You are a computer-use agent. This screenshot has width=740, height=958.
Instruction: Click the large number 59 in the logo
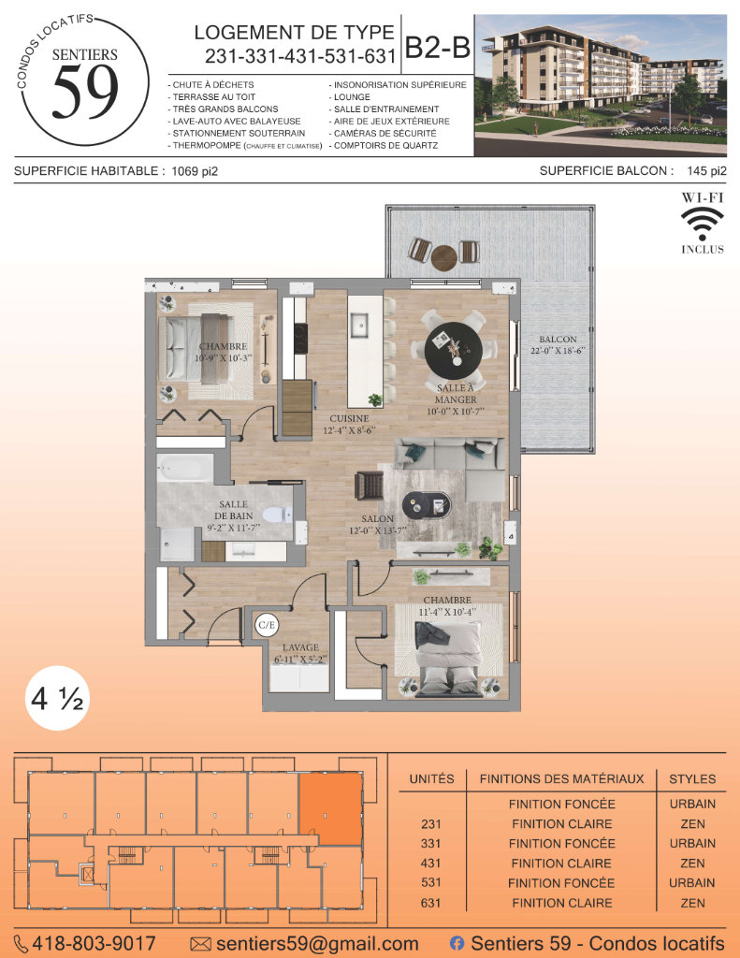point(85,92)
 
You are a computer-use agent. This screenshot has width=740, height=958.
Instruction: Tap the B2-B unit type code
point(438,47)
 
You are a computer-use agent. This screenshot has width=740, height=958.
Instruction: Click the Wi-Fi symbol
point(703,224)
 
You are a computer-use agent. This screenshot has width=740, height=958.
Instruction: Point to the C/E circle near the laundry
point(267,625)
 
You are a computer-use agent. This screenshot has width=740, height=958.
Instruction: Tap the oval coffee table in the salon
point(427,504)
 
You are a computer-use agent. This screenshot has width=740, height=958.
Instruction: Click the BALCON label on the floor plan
point(558,339)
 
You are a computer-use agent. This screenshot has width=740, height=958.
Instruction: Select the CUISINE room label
point(349,418)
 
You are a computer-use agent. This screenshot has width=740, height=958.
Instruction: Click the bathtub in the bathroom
point(184,468)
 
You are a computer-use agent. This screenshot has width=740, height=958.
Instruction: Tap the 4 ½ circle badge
point(57,698)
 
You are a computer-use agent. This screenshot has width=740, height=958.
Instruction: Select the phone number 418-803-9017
point(93,944)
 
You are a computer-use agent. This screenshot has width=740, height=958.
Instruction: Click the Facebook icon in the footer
point(457,944)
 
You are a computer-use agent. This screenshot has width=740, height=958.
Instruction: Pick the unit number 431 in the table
point(430,864)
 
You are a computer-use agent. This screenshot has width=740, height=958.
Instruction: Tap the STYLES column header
point(692,779)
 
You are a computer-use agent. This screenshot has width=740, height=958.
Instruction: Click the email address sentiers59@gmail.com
point(317,944)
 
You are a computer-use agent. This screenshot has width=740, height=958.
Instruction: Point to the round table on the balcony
point(444,258)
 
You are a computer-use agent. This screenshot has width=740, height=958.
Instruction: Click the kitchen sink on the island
point(358,325)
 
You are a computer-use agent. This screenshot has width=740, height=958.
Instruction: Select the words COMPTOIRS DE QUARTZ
point(385,145)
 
